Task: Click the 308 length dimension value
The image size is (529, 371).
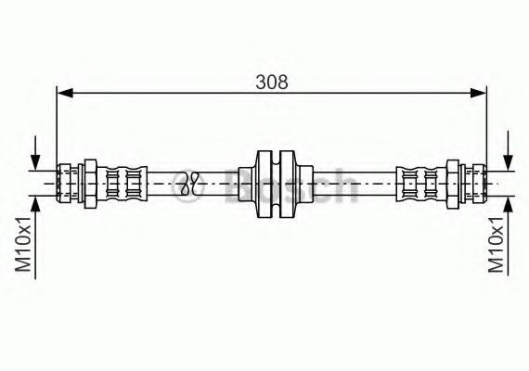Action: click(272, 82)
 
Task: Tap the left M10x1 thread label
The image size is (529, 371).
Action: click(24, 244)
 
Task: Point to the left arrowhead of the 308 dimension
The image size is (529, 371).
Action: click(65, 93)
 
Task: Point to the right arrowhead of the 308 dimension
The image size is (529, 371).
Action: click(478, 93)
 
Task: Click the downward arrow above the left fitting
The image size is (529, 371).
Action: click(35, 153)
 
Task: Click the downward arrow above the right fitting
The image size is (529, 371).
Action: click(508, 151)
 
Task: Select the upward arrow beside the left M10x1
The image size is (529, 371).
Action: click(35, 237)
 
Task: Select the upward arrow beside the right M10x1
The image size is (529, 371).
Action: click(508, 236)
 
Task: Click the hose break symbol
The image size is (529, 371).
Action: click(190, 184)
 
